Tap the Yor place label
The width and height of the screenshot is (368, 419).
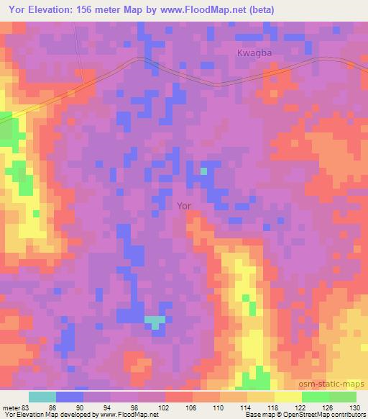(x=184, y=205)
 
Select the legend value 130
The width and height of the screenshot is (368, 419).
(x=356, y=408)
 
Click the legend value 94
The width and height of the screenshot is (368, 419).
(x=110, y=408)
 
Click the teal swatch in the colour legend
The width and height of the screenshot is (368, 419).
(x=42, y=397)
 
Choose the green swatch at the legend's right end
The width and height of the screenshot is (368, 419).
(x=342, y=397)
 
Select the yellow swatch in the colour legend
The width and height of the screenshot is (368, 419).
(x=287, y=397)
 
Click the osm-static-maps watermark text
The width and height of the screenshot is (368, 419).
(x=338, y=384)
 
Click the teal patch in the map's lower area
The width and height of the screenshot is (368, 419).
(x=155, y=320)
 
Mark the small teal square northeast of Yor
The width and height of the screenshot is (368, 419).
(x=203, y=171)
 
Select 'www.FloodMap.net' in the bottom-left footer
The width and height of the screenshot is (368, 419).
(x=129, y=415)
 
